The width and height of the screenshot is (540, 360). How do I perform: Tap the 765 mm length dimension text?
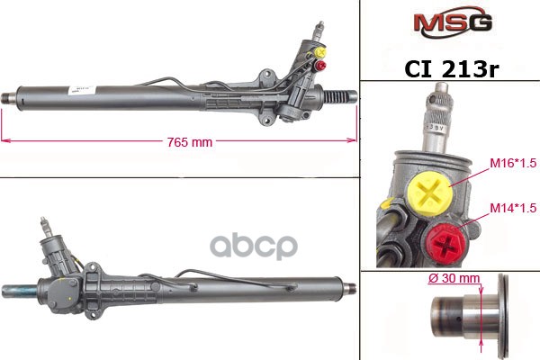(190, 142)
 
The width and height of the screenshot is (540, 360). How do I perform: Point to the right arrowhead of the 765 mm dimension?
(354, 141)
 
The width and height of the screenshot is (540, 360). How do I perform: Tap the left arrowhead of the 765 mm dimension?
(5, 141)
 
